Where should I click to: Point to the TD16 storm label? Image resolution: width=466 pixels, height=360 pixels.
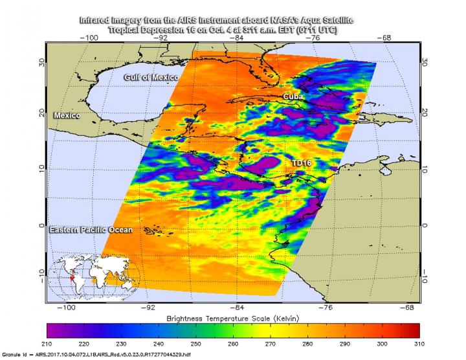click(300, 164)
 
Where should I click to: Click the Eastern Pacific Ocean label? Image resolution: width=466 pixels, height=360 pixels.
click(91, 230)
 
